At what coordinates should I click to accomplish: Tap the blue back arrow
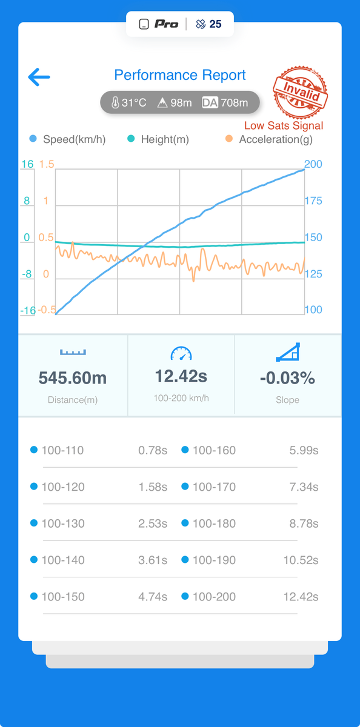tap(39, 77)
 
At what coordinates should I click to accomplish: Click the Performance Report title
tap(180, 75)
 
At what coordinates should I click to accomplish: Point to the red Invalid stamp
tap(300, 92)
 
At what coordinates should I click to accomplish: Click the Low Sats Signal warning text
tap(284, 125)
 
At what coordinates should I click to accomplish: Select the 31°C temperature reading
tap(129, 102)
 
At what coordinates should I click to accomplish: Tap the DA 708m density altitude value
tap(225, 102)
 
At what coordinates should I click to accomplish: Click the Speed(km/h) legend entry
tap(67, 139)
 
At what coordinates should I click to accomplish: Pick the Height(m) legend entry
tap(158, 139)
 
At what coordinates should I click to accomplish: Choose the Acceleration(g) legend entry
tap(269, 139)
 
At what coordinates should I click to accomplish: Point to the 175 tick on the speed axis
tap(313, 201)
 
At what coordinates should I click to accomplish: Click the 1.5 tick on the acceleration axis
tap(47, 164)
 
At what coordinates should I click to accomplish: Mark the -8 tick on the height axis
tap(27, 274)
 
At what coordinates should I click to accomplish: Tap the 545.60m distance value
tap(73, 378)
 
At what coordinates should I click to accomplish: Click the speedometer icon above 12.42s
tap(181, 353)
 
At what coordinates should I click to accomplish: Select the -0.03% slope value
tap(288, 378)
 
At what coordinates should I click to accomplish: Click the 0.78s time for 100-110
tap(153, 451)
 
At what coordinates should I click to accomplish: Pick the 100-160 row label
tap(215, 451)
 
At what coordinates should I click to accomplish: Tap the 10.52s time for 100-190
tap(301, 560)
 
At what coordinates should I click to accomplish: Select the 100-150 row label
tap(63, 597)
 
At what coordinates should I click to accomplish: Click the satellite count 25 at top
tap(216, 24)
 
